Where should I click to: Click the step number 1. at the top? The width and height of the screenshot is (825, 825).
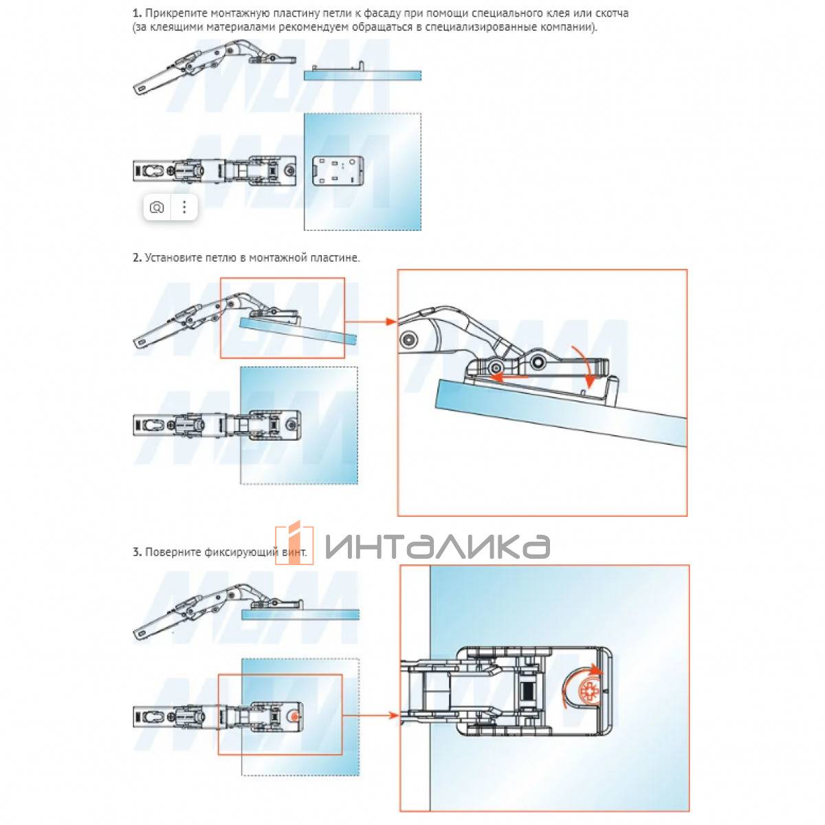click(137, 13)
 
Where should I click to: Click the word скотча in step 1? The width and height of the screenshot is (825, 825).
click(612, 13)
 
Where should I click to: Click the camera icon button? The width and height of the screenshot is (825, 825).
click(157, 208)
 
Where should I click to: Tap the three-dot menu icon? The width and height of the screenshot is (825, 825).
click(184, 208)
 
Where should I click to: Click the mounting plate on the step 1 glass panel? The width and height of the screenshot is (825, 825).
click(338, 171)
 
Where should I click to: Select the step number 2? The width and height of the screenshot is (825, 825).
click(137, 258)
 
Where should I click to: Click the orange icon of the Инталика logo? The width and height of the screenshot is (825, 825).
click(294, 542)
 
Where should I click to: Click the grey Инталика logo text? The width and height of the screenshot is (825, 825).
click(437, 546)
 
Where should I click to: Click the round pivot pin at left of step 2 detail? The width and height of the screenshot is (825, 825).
click(408, 340)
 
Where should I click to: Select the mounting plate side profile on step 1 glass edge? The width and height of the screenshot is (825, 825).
click(338, 67)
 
